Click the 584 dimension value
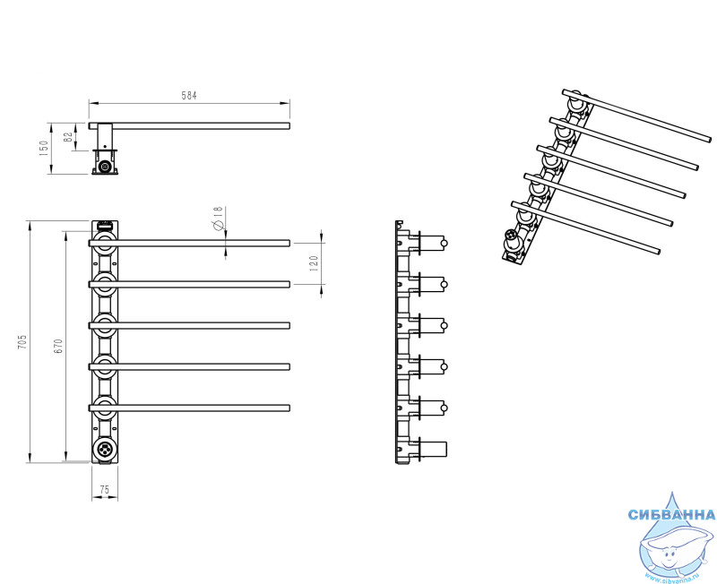[x=189, y=96]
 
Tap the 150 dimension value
[x=44, y=148]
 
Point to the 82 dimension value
[x=68, y=137]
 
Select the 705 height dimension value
[x=22, y=342]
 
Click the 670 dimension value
[x=58, y=346]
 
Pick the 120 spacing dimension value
[x=314, y=263]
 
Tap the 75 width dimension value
[x=104, y=490]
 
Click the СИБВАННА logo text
[x=671, y=515]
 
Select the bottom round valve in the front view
[x=105, y=449]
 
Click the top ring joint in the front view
[x=105, y=243]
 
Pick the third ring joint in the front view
[x=105, y=325]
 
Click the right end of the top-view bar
[x=289, y=125]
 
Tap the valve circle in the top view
[x=106, y=167]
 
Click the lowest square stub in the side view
[x=433, y=449]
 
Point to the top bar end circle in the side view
[x=444, y=243]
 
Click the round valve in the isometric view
[x=511, y=239]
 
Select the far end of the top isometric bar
[x=709, y=139]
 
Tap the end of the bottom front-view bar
[x=289, y=408]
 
